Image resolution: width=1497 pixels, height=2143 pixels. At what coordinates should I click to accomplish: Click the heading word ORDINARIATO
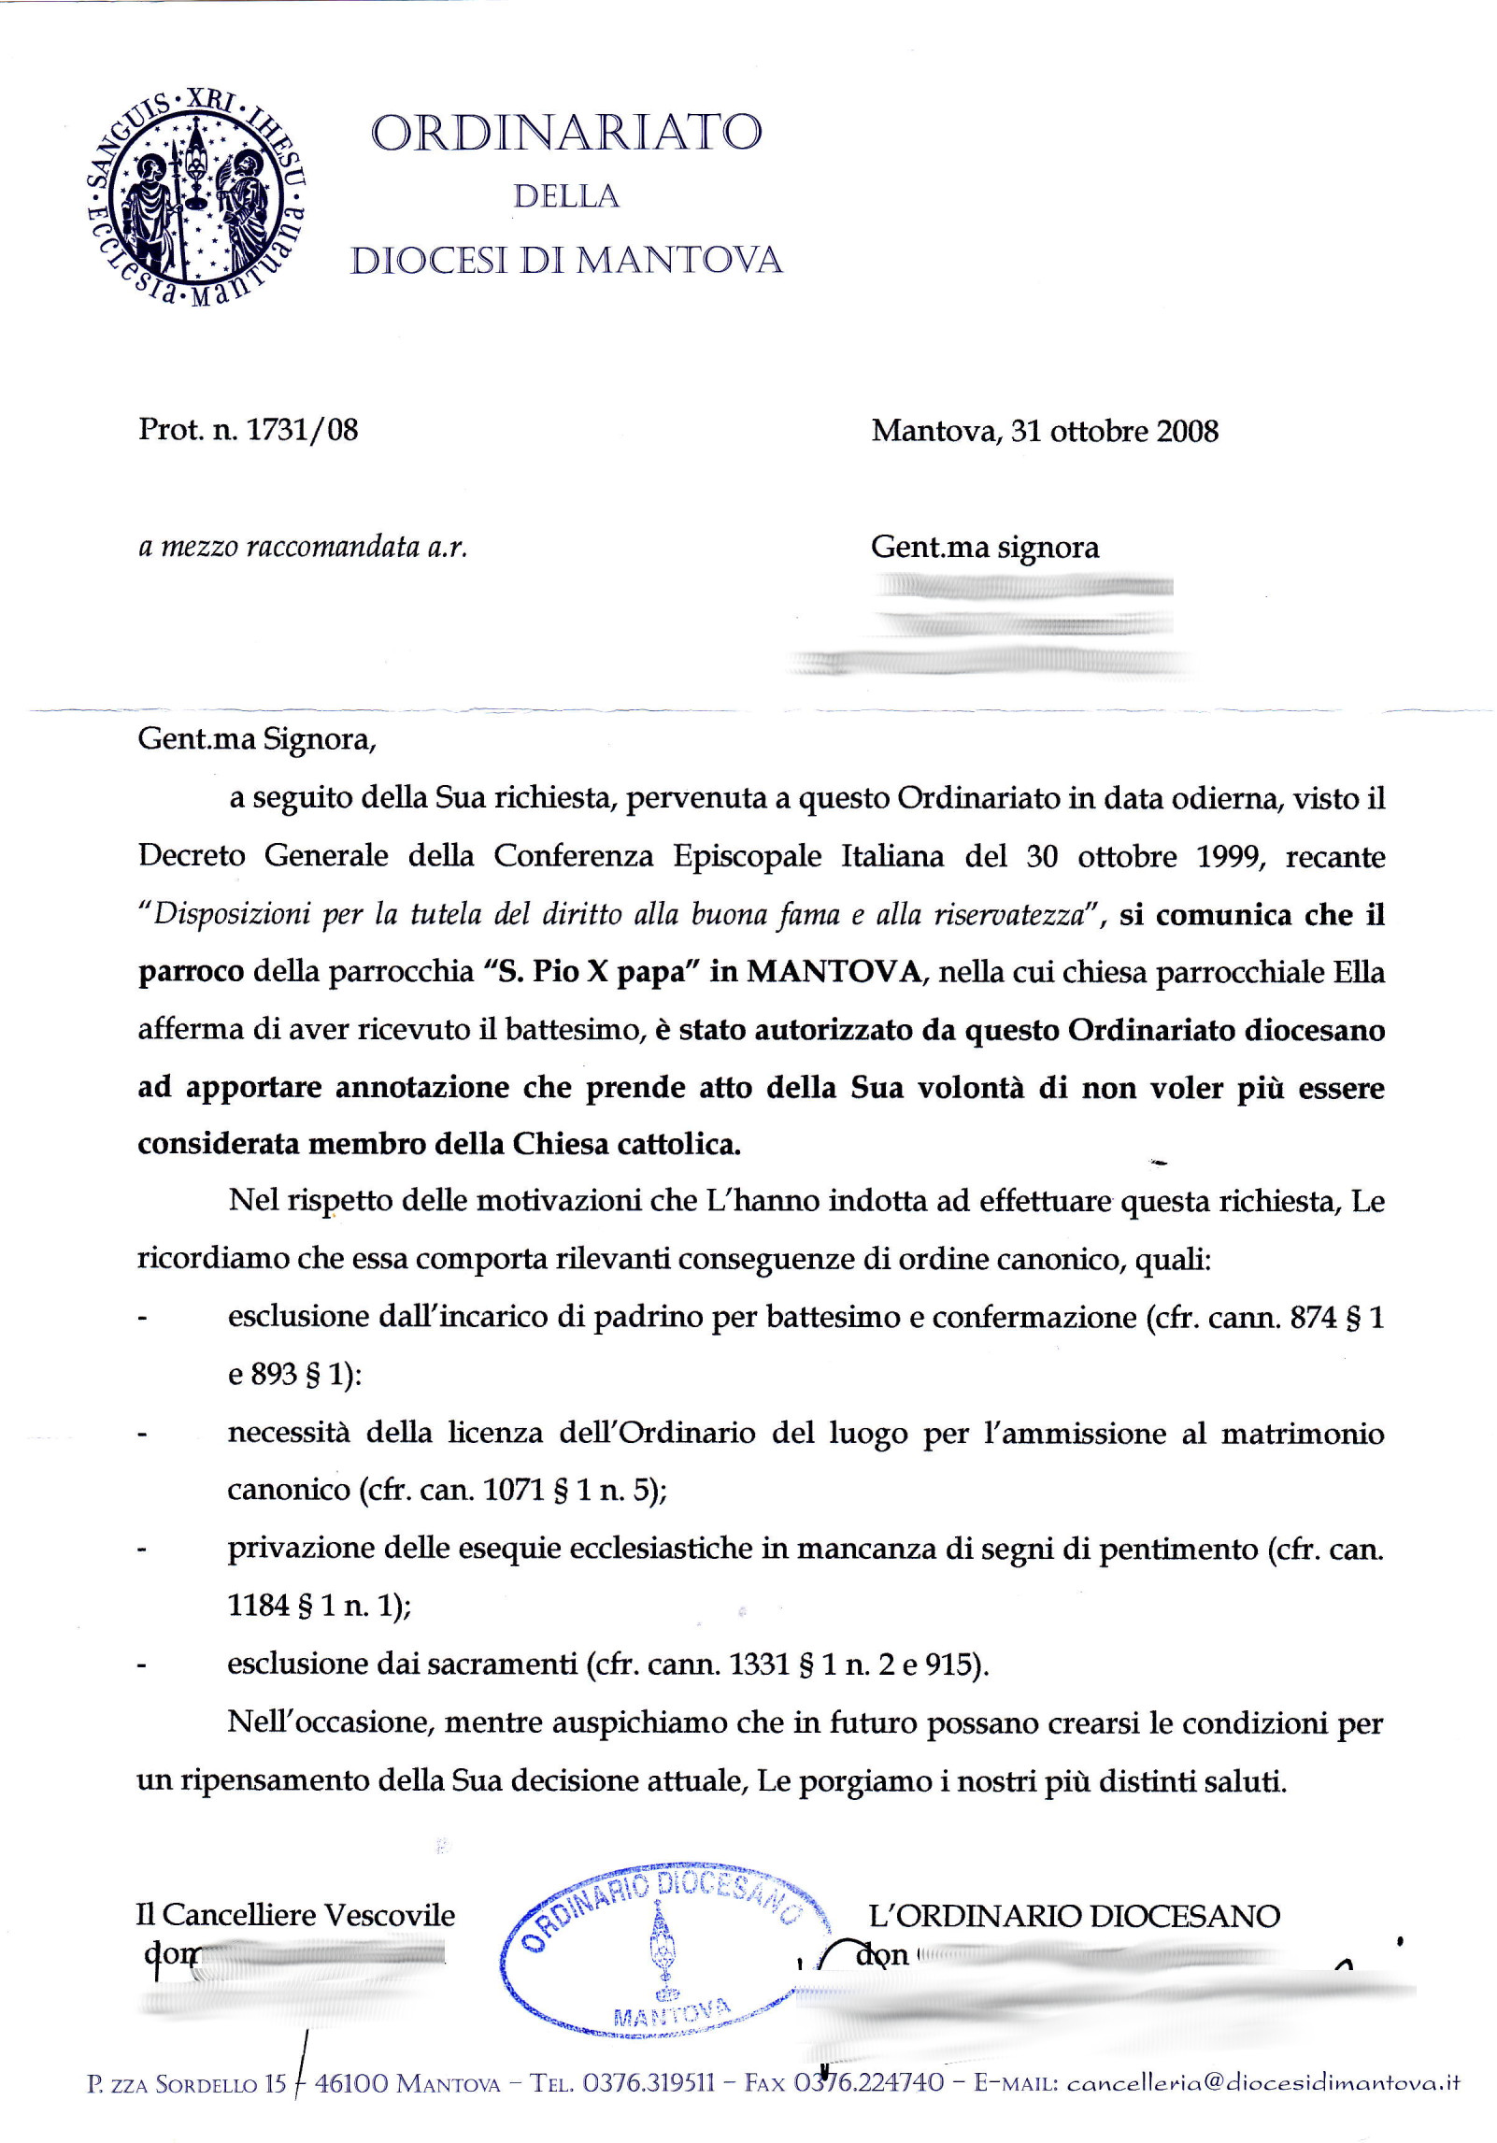tap(566, 133)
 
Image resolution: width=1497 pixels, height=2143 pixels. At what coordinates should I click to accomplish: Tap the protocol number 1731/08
tap(302, 430)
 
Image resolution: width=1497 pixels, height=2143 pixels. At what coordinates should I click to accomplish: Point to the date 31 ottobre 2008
tap(1114, 431)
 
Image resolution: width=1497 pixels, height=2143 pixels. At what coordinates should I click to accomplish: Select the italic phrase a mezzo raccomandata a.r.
tap(303, 547)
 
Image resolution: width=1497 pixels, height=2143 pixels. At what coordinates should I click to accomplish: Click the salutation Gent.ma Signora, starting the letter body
tap(257, 739)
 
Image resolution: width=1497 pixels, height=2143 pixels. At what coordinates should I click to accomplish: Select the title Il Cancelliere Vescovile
tap(295, 1916)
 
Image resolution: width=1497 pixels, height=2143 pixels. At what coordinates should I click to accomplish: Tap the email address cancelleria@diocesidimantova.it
tap(1262, 2082)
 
